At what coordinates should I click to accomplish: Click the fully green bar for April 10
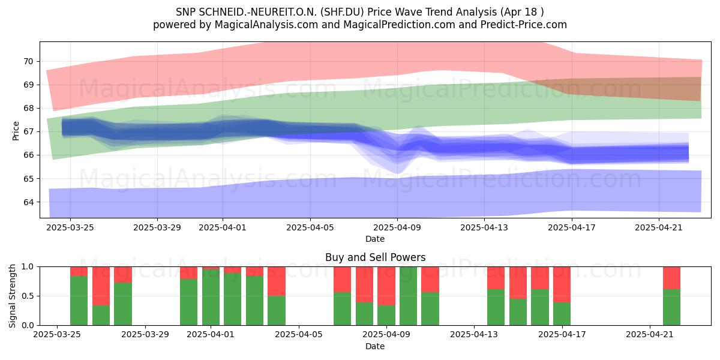(x=408, y=296)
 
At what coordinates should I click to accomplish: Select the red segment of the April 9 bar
(x=386, y=286)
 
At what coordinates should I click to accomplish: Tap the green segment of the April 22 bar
(x=672, y=307)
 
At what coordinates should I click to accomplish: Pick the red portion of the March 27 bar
(x=101, y=286)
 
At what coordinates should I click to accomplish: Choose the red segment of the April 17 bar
(x=562, y=284)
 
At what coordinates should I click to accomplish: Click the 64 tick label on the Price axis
(x=28, y=202)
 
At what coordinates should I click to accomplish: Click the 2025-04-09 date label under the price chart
(x=397, y=227)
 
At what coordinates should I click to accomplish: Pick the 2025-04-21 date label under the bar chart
(x=650, y=335)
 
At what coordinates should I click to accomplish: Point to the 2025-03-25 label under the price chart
(x=70, y=227)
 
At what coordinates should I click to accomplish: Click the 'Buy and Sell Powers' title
(x=375, y=257)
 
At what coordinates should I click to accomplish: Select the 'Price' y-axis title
(x=16, y=131)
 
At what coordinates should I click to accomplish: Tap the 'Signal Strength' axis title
(x=12, y=296)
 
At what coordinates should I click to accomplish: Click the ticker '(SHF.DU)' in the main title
(x=343, y=12)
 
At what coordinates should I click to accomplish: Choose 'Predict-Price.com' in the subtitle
(x=524, y=25)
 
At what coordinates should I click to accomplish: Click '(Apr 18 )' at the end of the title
(x=522, y=12)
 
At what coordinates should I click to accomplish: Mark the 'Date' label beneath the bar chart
(x=375, y=346)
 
